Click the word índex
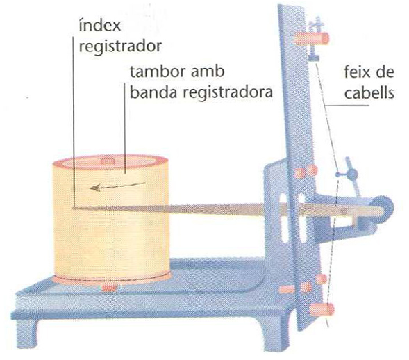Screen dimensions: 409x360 (x=100, y=25)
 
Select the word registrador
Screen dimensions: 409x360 (x=121, y=47)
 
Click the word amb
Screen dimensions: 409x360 (x=208, y=72)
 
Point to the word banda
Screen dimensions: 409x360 (x=153, y=92)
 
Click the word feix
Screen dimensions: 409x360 (x=359, y=72)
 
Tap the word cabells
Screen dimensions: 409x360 (x=369, y=92)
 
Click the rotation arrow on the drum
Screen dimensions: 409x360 (x=117, y=186)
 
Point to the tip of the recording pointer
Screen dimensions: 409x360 (x=74, y=208)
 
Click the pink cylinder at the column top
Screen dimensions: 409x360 (x=312, y=39)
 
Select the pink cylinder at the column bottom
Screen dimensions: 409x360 (x=322, y=309)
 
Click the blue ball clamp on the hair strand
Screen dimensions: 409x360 (x=352, y=173)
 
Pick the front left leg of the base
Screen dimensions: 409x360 (x=26, y=333)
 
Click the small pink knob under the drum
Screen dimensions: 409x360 (x=110, y=288)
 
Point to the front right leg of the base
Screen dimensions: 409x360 (x=272, y=334)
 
